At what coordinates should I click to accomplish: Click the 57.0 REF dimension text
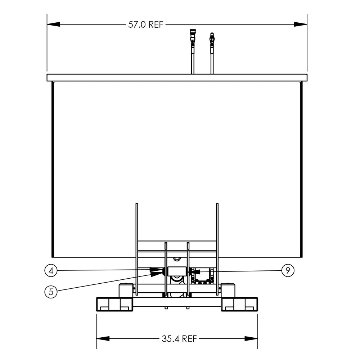point(146,24)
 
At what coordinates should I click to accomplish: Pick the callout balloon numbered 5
point(51,291)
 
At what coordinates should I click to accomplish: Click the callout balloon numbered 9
point(288,271)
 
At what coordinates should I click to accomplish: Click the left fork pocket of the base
point(114,304)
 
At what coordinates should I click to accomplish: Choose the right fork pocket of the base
point(239,304)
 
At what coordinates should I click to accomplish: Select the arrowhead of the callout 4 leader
point(158,270)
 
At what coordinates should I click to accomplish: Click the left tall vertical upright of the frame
point(136,248)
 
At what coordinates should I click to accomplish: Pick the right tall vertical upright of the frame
point(217,248)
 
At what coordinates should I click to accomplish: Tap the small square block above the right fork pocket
point(228,290)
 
